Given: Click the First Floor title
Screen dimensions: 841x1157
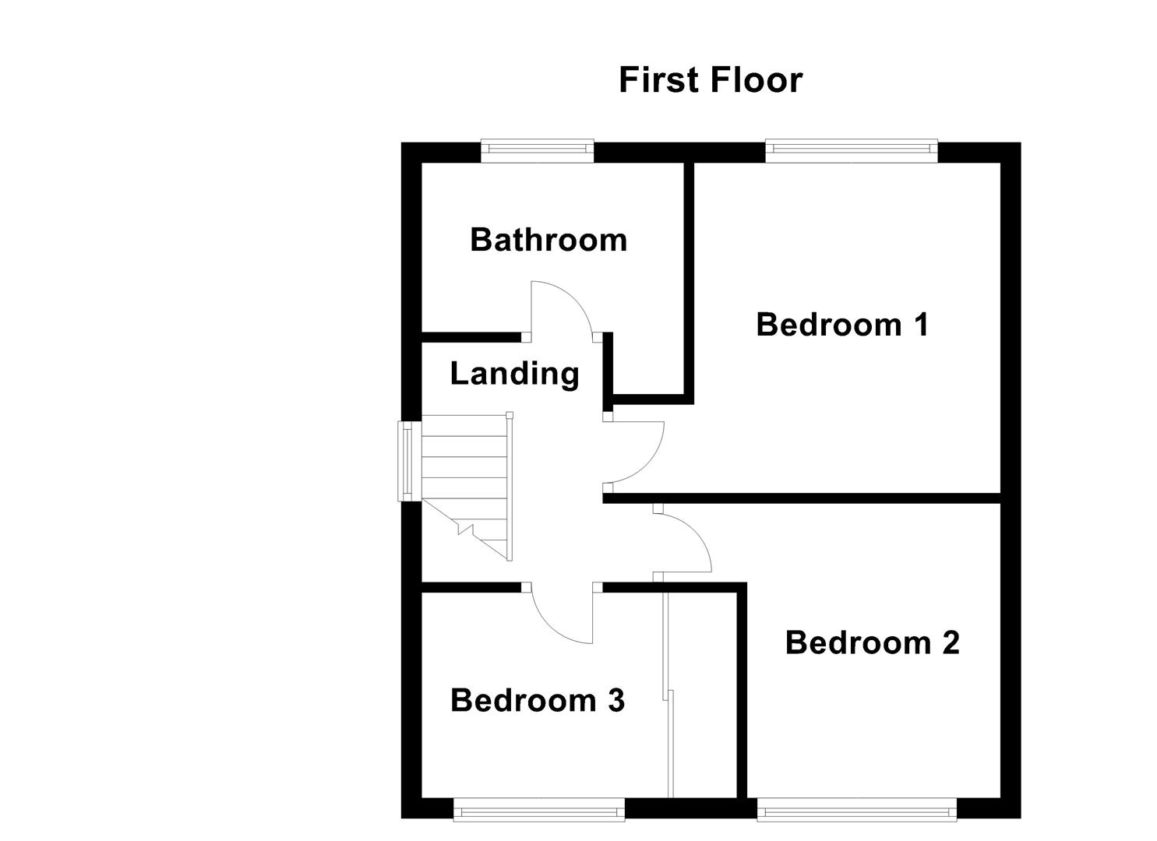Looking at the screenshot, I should tap(710, 80).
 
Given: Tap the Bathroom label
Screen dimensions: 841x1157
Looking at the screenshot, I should tap(549, 240).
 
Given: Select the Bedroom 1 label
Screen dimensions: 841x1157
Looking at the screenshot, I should tap(842, 324).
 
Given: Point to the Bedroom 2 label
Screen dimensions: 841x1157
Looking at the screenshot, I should tap(872, 642).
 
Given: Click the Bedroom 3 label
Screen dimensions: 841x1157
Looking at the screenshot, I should tap(538, 700).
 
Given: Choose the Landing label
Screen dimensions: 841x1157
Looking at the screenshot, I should tap(514, 374).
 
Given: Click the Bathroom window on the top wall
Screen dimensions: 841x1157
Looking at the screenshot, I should tap(537, 150).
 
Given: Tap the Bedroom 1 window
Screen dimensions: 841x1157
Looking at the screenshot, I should tap(851, 150).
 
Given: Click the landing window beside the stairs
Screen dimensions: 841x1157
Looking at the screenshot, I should tap(407, 461).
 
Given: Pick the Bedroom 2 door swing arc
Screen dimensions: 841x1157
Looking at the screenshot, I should tap(693, 537).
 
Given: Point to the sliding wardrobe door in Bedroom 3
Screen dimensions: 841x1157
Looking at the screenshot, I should tap(668, 693).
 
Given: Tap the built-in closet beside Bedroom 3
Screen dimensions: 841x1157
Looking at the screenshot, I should tap(704, 693).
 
